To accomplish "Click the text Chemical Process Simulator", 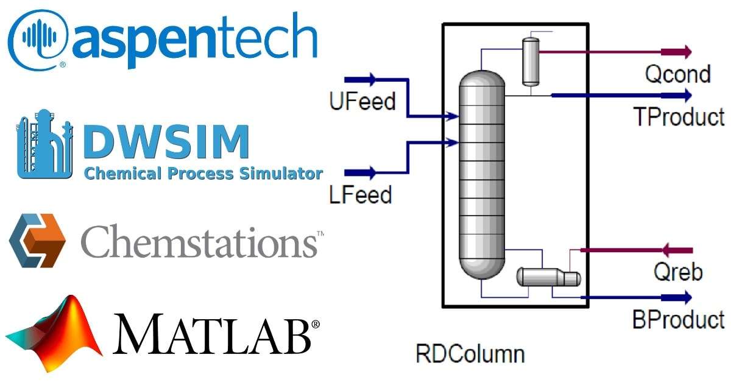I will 203,173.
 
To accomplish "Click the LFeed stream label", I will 360,195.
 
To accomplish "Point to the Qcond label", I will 677,74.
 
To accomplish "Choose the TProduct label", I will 679,116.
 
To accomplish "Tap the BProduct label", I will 678,319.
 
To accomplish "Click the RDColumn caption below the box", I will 470,353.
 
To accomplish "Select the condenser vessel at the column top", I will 531,62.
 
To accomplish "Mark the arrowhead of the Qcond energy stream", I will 687,52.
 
